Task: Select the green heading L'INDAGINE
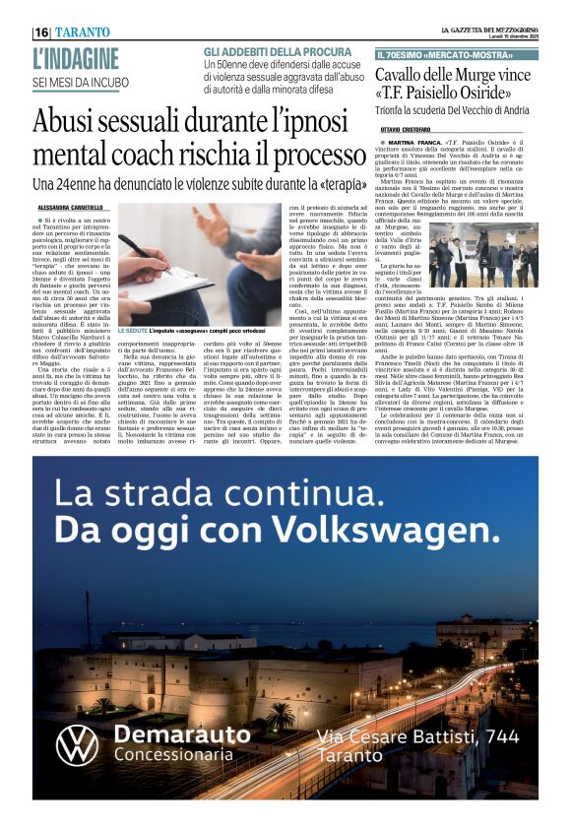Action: (x=76, y=59)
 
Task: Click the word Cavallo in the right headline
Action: (x=406, y=77)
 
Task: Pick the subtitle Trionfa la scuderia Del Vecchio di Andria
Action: (x=456, y=112)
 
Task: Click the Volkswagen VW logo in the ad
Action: (x=77, y=744)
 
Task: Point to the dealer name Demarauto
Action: (x=182, y=734)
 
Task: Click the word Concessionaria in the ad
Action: (x=172, y=754)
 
